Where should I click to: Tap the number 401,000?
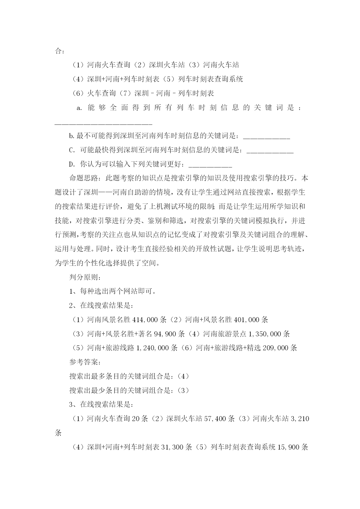click(246, 320)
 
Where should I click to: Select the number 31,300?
click(173, 447)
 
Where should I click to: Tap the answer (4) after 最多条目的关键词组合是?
click(183, 376)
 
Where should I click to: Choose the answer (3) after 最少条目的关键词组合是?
click(183, 391)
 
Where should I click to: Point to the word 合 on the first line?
click(58, 51)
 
